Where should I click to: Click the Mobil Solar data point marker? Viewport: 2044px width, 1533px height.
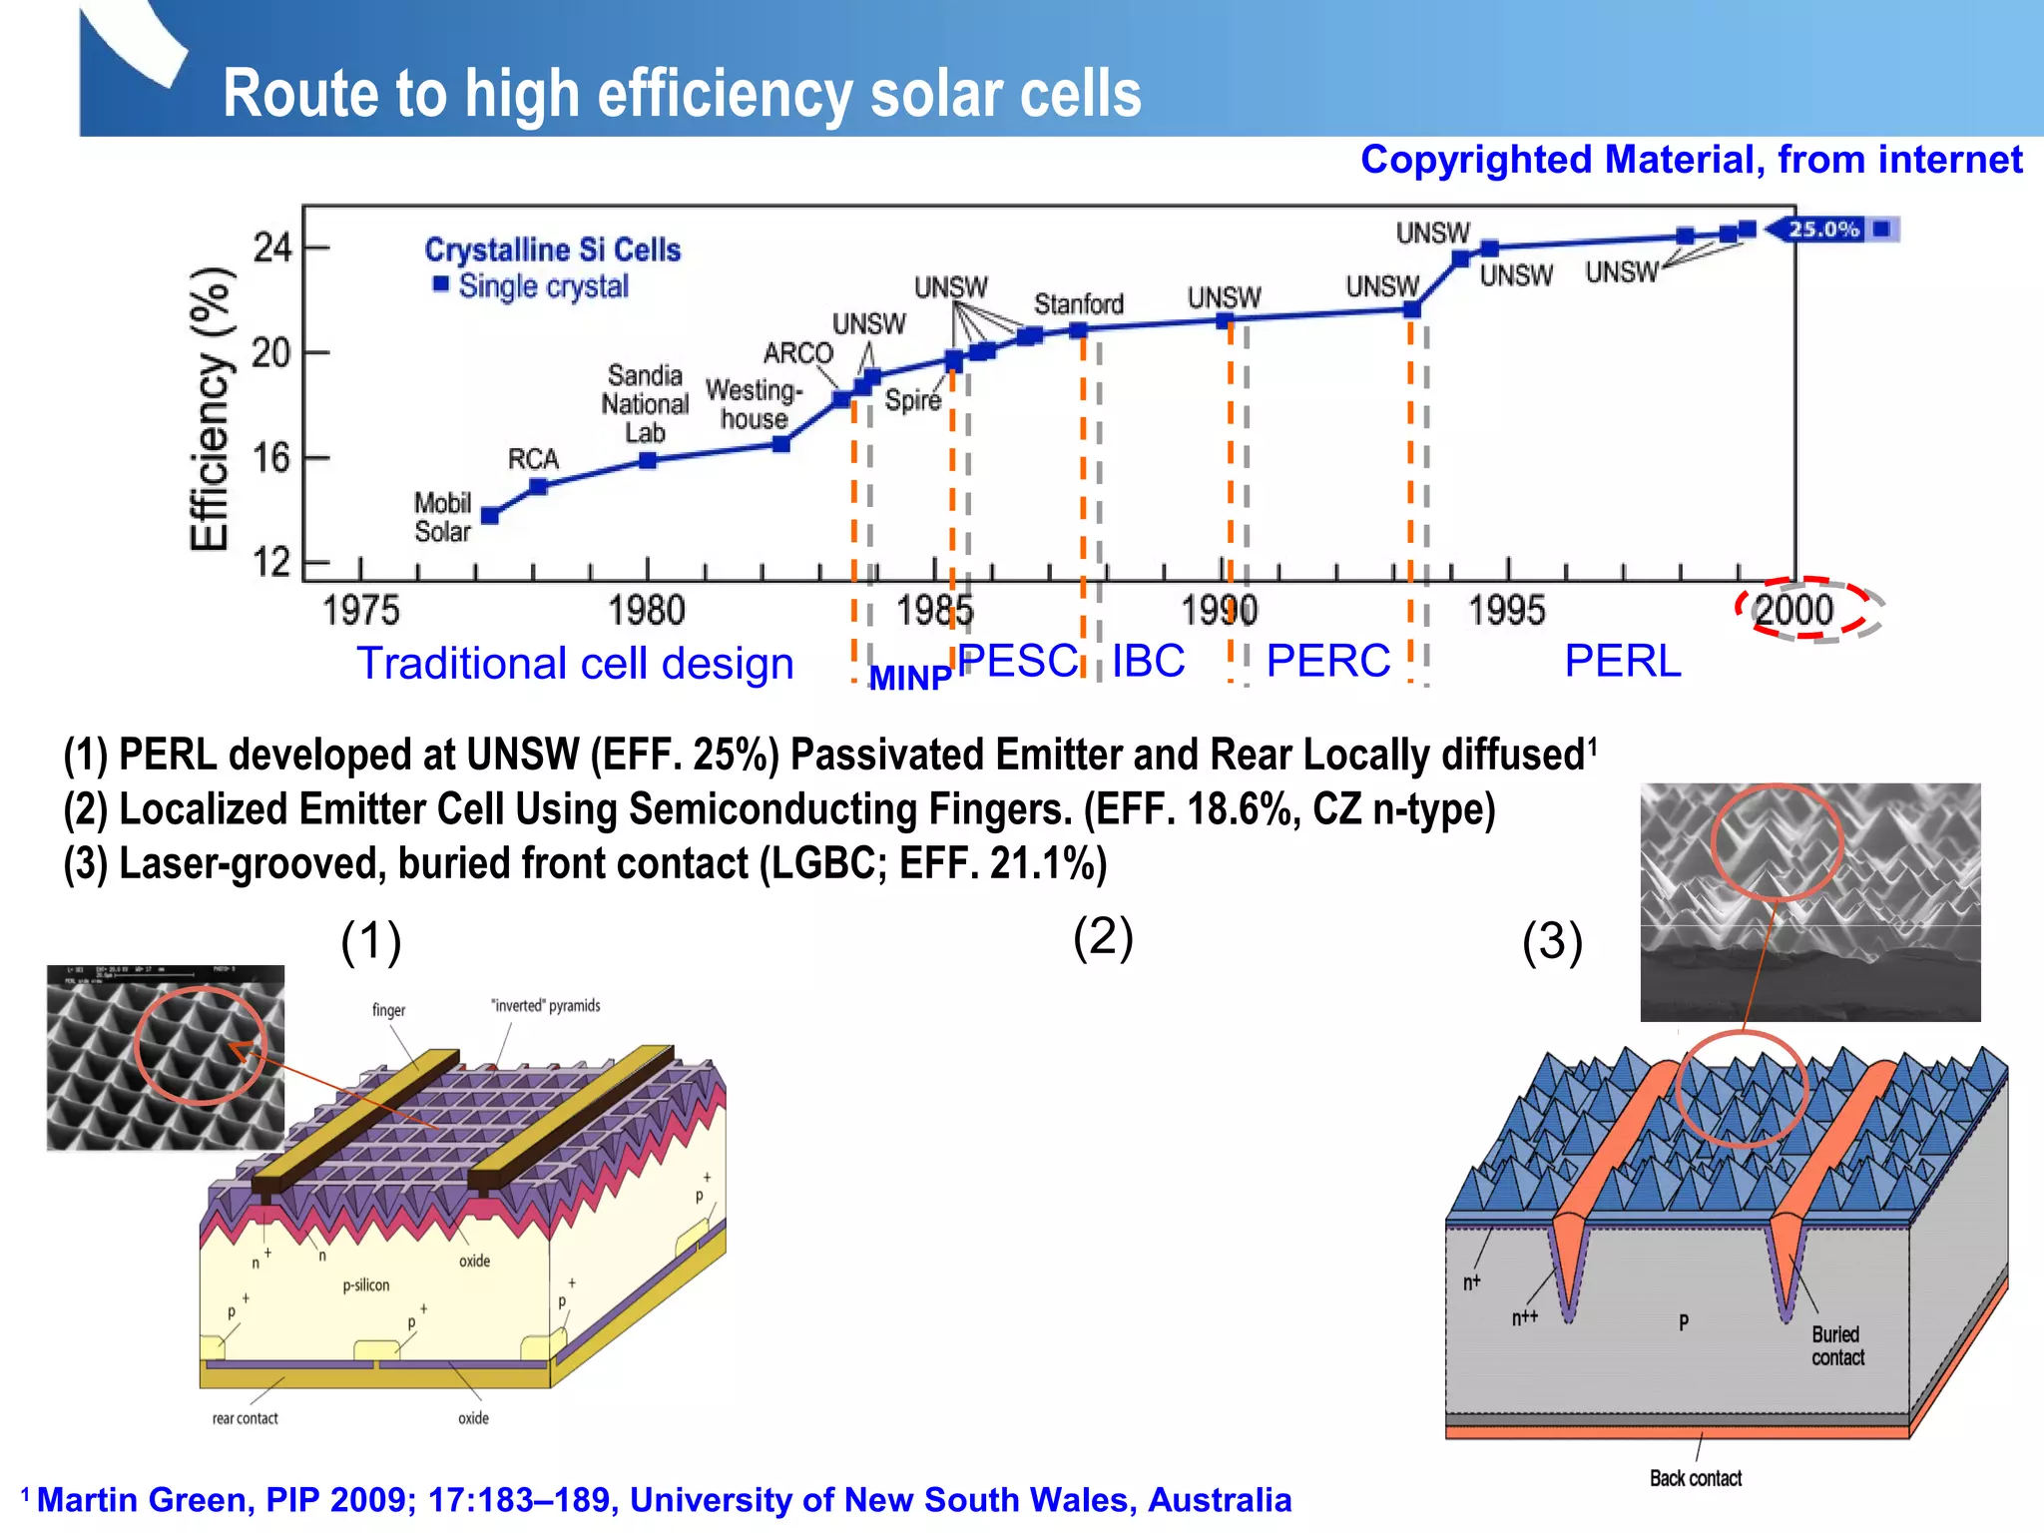click(490, 516)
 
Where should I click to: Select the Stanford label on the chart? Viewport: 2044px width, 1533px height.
click(1078, 303)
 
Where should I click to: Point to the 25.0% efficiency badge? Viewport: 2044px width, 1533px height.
click(1824, 230)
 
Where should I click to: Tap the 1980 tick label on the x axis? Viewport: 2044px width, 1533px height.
click(647, 611)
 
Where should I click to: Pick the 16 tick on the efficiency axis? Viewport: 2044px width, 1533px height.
click(270, 458)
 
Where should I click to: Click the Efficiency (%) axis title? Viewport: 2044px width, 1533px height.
click(210, 409)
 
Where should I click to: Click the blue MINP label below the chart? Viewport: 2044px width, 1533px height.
click(909, 679)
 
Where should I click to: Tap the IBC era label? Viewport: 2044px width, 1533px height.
click(1148, 661)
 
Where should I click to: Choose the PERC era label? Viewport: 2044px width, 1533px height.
click(1327, 661)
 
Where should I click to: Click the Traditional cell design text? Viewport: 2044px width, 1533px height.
click(575, 664)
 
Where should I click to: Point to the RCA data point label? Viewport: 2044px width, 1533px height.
click(533, 459)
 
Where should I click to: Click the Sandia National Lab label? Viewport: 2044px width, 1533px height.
click(645, 403)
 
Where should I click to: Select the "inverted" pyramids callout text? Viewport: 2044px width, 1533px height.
click(545, 1005)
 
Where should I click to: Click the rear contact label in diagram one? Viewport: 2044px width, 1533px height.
click(245, 1418)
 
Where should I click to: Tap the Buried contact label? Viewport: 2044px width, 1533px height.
click(1836, 1345)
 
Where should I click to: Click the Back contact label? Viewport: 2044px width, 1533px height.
click(1695, 1478)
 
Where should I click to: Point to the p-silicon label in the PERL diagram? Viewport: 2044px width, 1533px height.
click(365, 1284)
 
